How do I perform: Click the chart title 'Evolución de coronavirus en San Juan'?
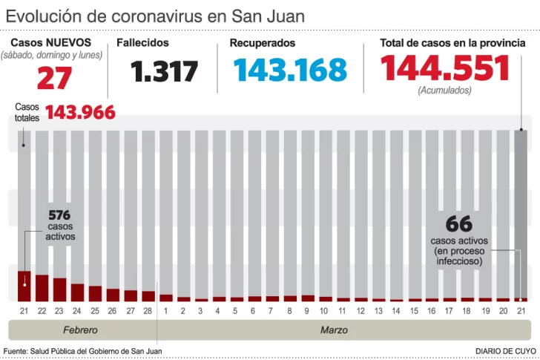[156, 16]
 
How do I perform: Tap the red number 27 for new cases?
[54, 77]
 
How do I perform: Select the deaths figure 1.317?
[165, 71]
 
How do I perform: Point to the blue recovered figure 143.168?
[290, 70]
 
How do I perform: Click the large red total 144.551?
[445, 69]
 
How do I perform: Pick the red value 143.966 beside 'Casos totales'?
[80, 112]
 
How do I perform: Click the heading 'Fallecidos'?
[142, 43]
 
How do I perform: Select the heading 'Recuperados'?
[262, 43]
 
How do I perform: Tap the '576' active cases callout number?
[59, 215]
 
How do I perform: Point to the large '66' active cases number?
[459, 224]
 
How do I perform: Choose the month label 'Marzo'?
[333, 330]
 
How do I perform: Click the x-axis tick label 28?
[147, 310]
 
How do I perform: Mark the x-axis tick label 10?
[324, 310]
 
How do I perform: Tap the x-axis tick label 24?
[77, 310]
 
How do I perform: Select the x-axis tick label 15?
[413, 310]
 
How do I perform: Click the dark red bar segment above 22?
[42, 287]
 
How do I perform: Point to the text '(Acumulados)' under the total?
[444, 91]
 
